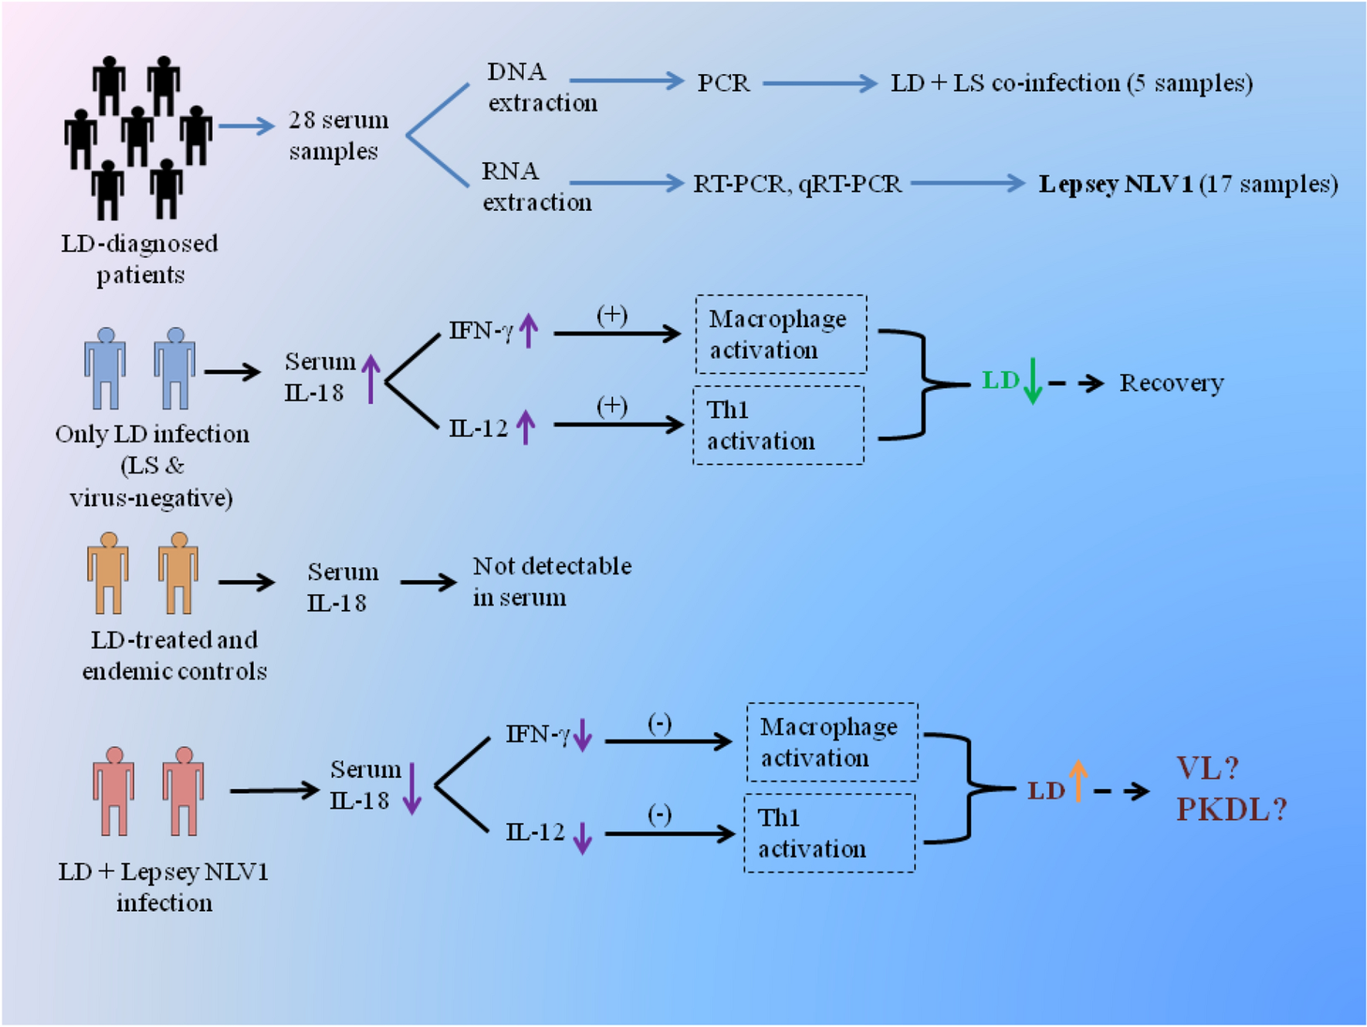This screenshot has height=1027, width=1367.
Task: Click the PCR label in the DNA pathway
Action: click(x=723, y=83)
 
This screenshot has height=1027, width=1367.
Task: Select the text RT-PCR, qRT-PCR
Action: click(x=797, y=184)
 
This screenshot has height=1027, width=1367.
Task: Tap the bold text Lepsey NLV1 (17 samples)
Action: click(x=1187, y=184)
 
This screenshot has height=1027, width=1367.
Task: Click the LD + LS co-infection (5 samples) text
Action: click(x=1071, y=83)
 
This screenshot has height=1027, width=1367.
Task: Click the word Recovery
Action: click(x=1171, y=383)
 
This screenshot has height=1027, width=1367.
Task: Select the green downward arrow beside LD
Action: click(x=1032, y=381)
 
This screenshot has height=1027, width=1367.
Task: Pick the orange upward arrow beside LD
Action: click(x=1078, y=781)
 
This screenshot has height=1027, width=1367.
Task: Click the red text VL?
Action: click(x=1207, y=768)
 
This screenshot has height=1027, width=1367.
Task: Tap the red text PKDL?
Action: click(x=1230, y=809)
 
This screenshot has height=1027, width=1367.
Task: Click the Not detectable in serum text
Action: click(x=551, y=581)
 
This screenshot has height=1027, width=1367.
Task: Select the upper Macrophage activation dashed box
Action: click(x=780, y=334)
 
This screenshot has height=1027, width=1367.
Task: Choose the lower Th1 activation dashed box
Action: click(x=829, y=833)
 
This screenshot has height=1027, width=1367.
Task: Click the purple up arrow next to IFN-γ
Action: click(x=529, y=330)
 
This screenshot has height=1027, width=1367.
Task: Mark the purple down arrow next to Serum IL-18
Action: click(x=412, y=788)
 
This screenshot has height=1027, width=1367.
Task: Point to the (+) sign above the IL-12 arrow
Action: click(x=611, y=406)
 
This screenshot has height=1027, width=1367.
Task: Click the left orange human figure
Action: click(x=107, y=573)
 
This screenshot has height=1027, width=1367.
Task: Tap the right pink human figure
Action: click(x=183, y=791)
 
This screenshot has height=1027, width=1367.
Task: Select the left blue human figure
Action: click(x=105, y=368)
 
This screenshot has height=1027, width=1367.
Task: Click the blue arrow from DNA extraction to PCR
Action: click(x=625, y=80)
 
